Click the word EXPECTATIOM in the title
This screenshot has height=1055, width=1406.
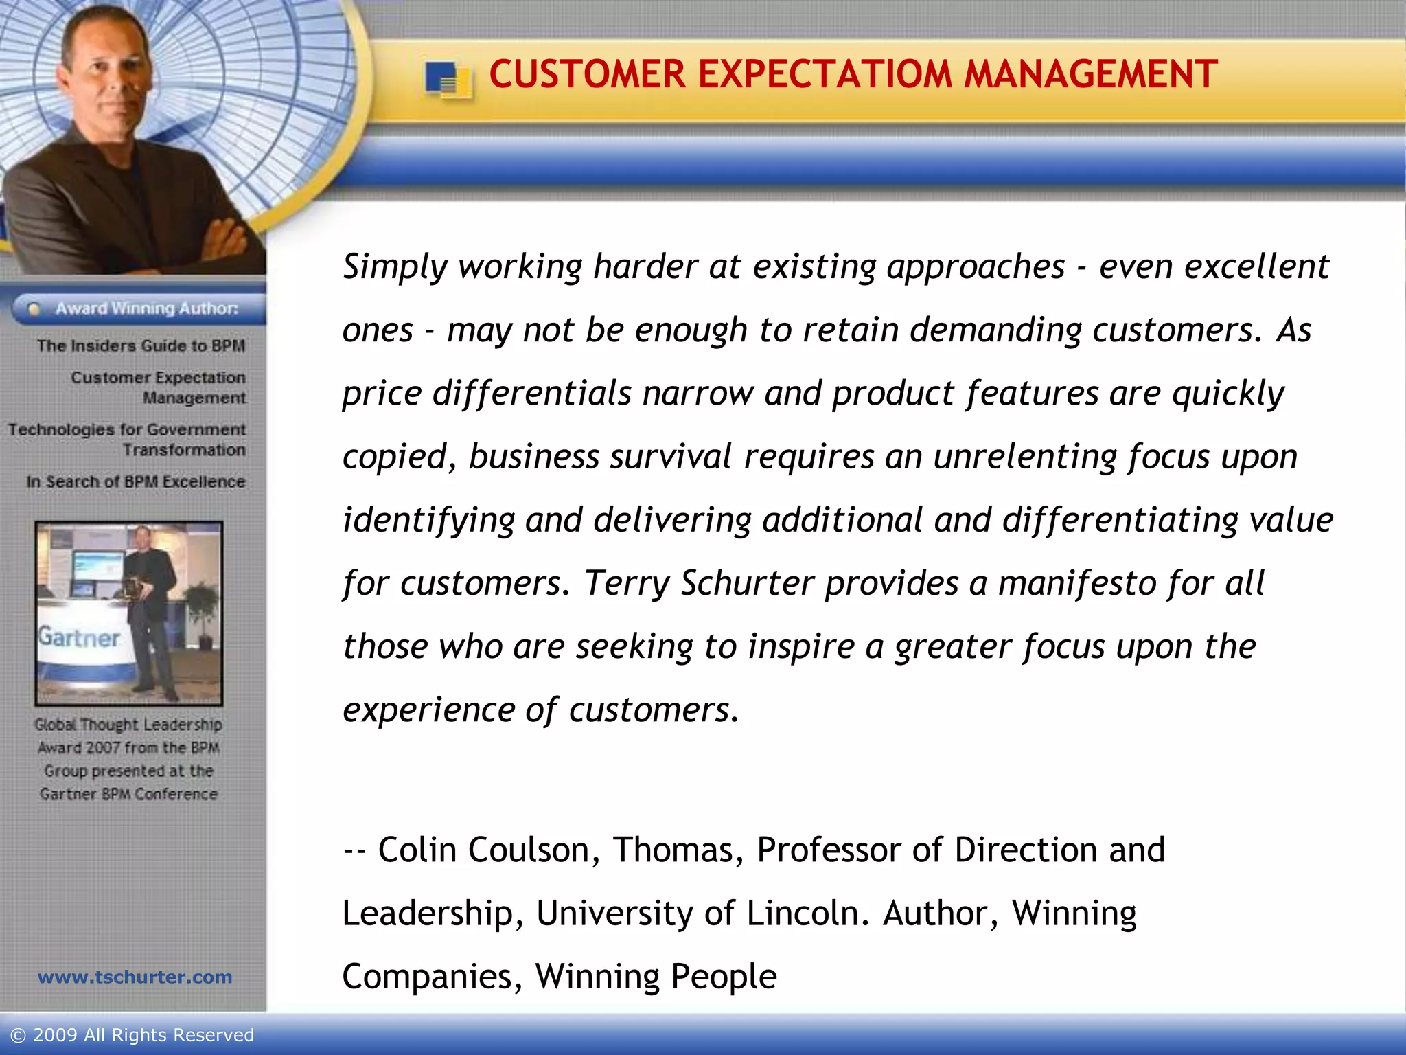coord(825,74)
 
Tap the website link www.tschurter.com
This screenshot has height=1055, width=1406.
coord(135,977)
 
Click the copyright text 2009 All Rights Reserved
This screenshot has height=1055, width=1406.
coord(143,1035)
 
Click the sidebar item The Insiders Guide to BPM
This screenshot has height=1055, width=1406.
coord(141,345)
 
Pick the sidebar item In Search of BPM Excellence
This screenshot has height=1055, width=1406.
coord(135,481)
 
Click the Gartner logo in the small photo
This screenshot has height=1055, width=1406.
coord(79,637)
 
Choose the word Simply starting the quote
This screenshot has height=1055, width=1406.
coord(395,267)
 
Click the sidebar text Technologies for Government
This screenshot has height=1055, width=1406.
coord(126,429)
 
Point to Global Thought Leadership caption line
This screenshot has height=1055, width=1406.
coord(128,725)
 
